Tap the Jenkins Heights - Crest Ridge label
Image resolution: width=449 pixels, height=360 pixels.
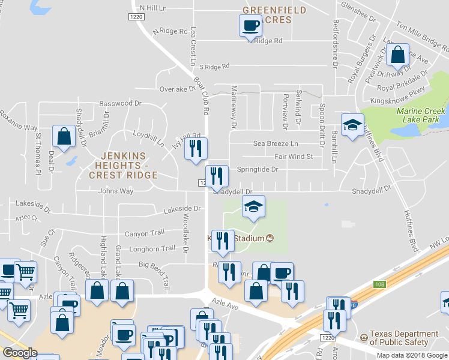123,166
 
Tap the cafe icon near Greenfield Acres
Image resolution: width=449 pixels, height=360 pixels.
250,26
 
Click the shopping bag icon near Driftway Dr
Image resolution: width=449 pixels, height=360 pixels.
397,56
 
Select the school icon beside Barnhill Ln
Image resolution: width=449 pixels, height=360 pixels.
352,124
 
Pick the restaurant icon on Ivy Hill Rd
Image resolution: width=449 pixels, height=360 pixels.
194,148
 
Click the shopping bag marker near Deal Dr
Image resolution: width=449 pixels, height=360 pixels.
64,136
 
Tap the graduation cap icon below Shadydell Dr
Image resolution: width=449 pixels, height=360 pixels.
253,207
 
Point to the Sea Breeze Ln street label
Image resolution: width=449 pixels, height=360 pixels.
276,144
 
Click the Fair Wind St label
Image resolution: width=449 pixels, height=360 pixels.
294,157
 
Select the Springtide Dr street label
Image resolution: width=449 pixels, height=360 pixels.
258,169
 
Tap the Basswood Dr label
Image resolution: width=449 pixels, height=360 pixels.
120,103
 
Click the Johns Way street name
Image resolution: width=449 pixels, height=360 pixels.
116,191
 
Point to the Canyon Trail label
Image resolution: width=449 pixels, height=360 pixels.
144,233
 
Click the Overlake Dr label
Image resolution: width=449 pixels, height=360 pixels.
178,89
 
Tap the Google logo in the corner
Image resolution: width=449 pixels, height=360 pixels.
20,353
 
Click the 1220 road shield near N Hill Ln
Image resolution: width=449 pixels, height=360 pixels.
136,18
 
